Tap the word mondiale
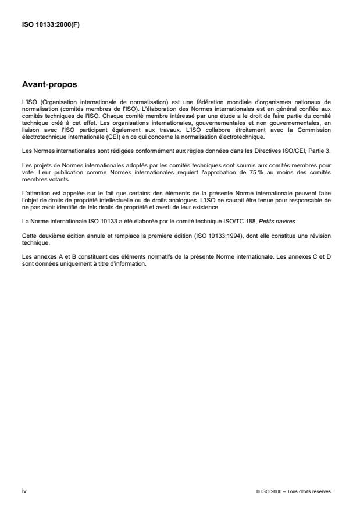(x=230, y=101)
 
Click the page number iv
(x=24, y=491)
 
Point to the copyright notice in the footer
(x=293, y=492)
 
